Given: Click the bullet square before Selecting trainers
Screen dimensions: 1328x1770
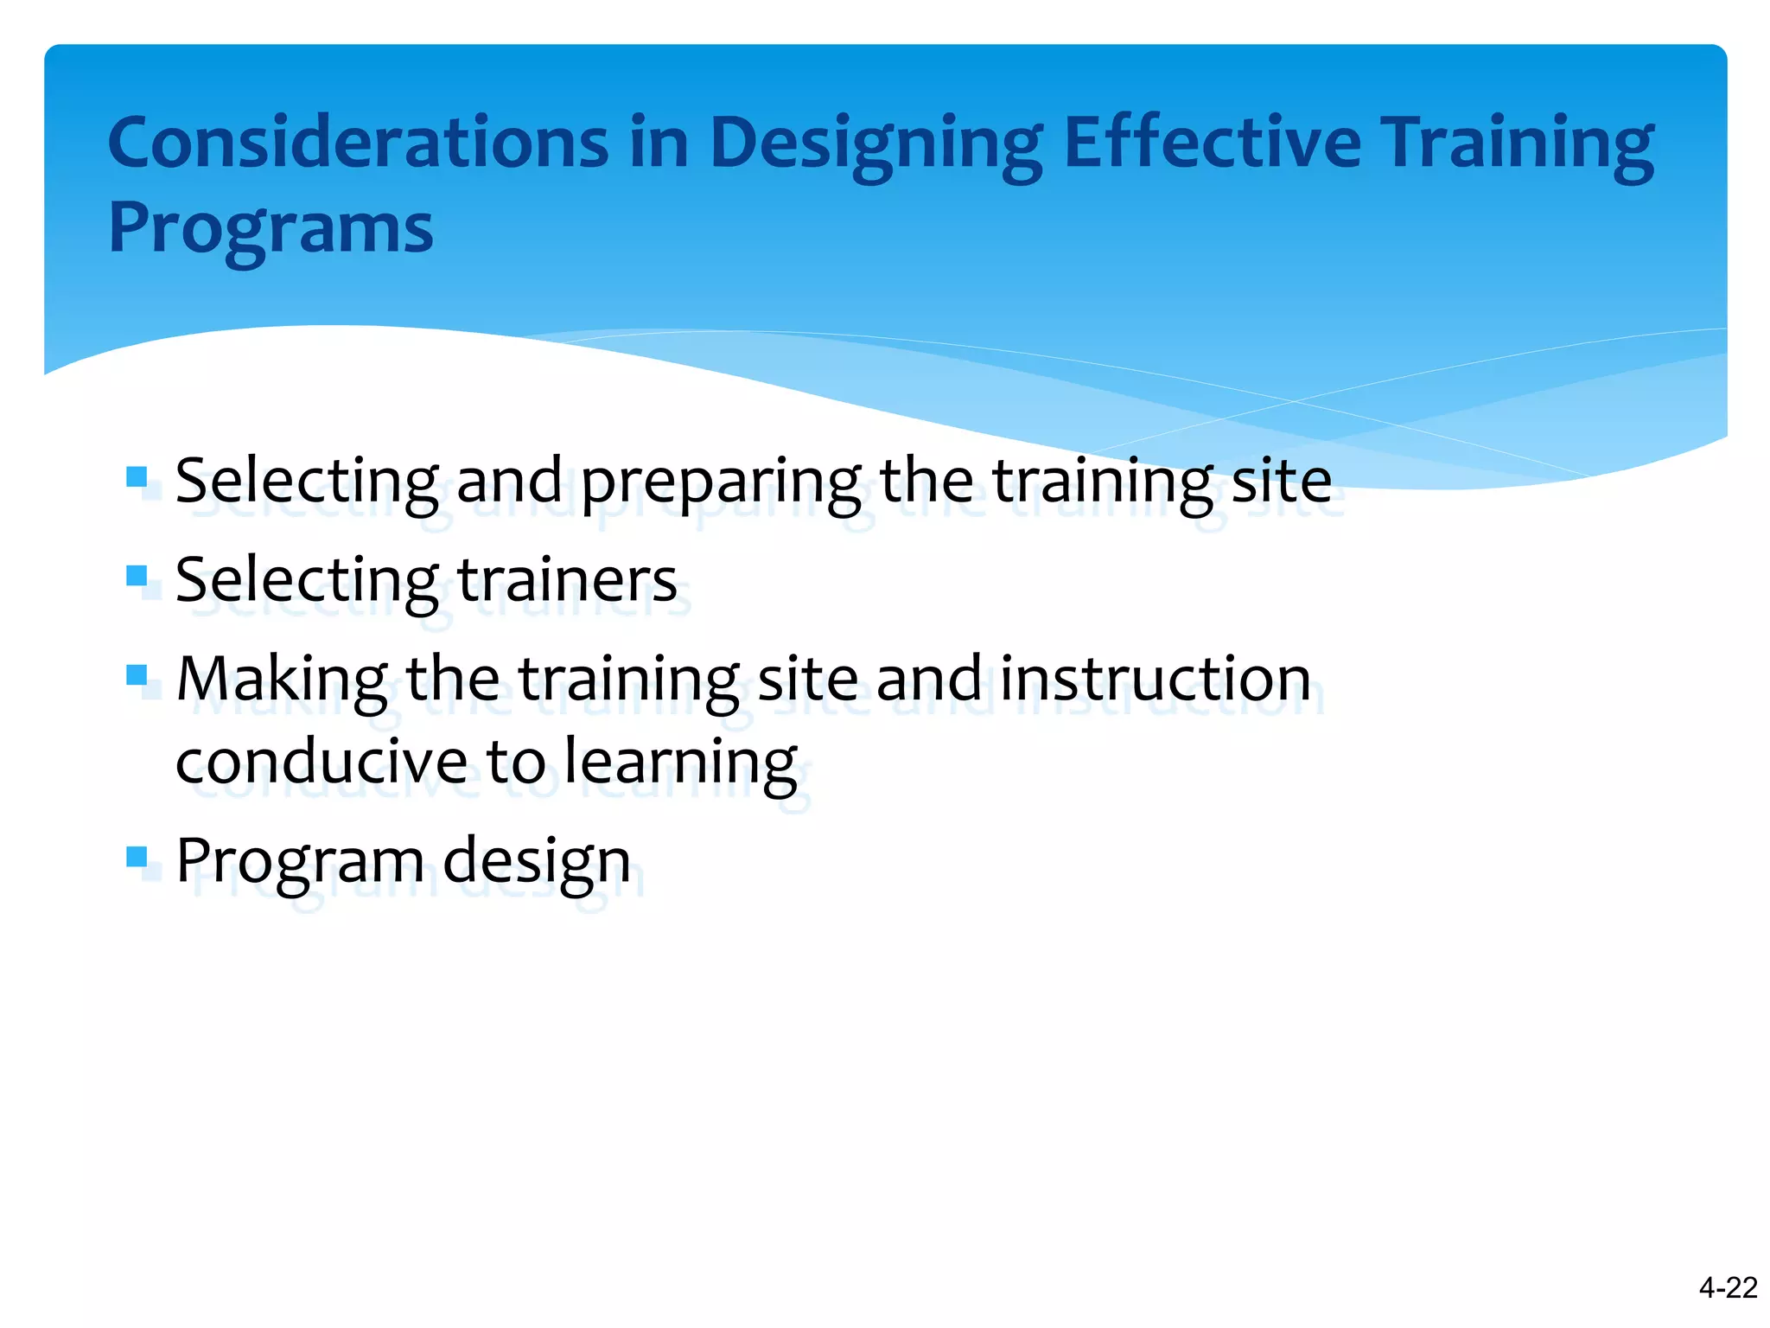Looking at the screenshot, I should tap(137, 575).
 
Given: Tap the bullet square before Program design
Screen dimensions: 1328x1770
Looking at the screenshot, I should tap(137, 856).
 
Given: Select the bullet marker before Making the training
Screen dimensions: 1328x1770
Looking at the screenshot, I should tap(137, 674).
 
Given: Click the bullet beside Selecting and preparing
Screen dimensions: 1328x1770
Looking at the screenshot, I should tap(137, 476).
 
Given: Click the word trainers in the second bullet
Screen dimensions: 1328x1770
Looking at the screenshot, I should tap(567, 580).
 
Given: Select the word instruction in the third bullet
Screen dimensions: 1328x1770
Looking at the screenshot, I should tap(1156, 679).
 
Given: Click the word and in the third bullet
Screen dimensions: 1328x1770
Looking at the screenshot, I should tap(928, 679).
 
